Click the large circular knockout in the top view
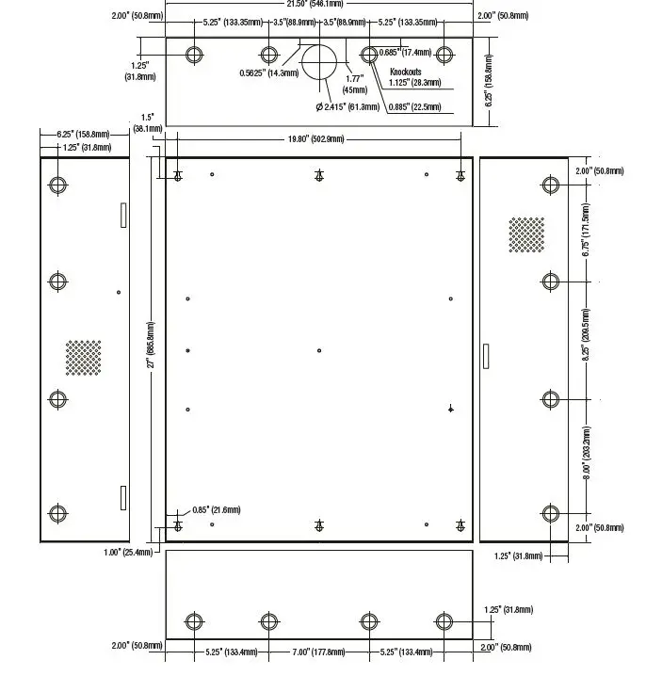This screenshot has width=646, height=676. [x=319, y=62]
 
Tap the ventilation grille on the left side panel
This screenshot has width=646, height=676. [x=83, y=357]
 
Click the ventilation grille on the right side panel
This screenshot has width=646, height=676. [x=526, y=234]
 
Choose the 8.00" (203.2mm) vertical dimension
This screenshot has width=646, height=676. [x=586, y=455]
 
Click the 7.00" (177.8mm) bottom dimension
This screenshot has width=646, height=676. [x=319, y=650]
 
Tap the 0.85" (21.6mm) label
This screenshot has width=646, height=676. [x=216, y=510]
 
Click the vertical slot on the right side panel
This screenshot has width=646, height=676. [x=486, y=355]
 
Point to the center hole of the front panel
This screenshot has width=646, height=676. [x=319, y=350]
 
